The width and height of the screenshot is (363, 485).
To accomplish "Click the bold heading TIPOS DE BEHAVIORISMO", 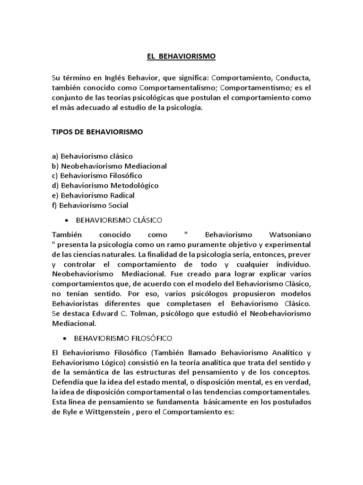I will pyautogui.click(x=97, y=132).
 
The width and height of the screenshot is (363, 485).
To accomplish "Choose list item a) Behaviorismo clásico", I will pyautogui.click(x=92, y=155).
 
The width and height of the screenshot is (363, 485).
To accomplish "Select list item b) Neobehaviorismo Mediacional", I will pyautogui.click(x=109, y=166).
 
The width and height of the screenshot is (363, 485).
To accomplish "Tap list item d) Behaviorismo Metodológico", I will pyautogui.click(x=105, y=185).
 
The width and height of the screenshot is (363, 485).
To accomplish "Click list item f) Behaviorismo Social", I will pyautogui.click(x=90, y=205).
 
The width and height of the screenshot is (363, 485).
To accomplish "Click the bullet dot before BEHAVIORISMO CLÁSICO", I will pyautogui.click(x=66, y=221).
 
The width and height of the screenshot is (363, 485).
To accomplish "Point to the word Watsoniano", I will pyautogui.click(x=290, y=234).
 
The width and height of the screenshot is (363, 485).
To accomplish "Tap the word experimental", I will pyautogui.click(x=288, y=244).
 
